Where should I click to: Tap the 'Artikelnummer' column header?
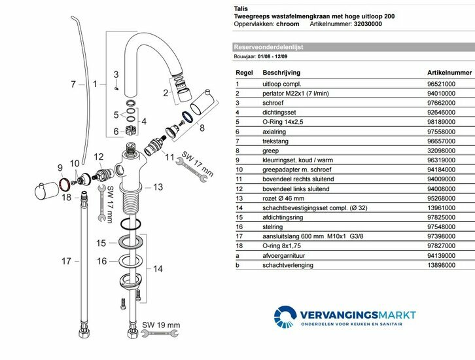point(449,73)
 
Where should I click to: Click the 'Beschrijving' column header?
point(282,73)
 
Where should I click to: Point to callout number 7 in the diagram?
point(73,84)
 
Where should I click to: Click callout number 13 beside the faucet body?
point(157,187)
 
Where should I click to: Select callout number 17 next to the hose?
point(66,261)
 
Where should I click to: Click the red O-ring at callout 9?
point(65,185)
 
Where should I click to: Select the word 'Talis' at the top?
point(241,7)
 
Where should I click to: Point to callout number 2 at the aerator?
point(166,92)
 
